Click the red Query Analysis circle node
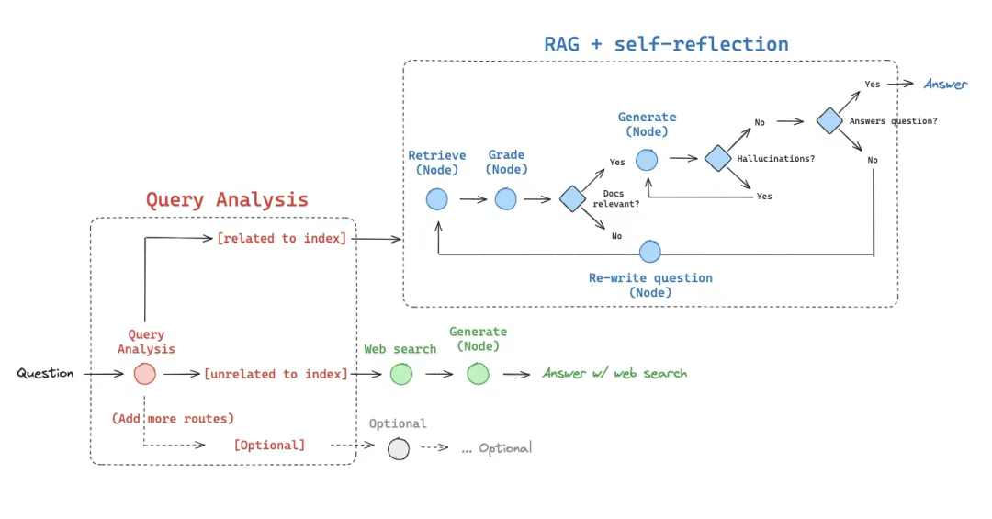[144, 374]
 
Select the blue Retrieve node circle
[436, 198]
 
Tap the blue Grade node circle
[506, 198]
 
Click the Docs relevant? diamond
[572, 198]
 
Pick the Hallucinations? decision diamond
[717, 158]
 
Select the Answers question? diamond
[829, 120]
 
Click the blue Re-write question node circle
[650, 251]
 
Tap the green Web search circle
[400, 374]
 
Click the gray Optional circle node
[398, 448]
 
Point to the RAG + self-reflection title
[666, 43]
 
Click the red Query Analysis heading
[227, 199]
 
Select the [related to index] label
[281, 239]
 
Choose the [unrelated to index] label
[276, 374]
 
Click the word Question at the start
[45, 374]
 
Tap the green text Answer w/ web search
[614, 373]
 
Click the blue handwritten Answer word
[945, 85]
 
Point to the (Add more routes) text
[173, 418]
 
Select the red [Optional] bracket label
[269, 445]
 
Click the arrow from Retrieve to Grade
[472, 198]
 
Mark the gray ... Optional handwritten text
[496, 448]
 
